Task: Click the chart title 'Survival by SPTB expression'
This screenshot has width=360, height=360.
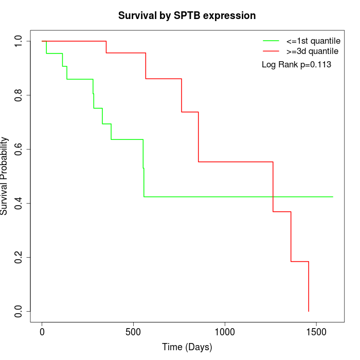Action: [x=187, y=15]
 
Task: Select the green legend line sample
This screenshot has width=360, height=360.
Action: [x=271, y=41]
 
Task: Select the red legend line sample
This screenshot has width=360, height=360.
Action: [x=271, y=51]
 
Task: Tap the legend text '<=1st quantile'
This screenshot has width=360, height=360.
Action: [x=313, y=41]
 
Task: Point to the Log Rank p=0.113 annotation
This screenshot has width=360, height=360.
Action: [x=296, y=65]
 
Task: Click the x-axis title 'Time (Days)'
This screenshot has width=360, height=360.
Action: [x=187, y=347]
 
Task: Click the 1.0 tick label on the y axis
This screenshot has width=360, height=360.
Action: [x=19, y=41]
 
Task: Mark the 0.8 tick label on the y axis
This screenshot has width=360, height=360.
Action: [x=19, y=95]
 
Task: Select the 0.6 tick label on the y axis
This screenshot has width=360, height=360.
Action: [x=19, y=149]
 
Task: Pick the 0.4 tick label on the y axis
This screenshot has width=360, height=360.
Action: [x=19, y=203]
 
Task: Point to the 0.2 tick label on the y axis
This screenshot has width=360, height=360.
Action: [x=19, y=257]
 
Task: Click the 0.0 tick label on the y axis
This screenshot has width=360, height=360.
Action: [x=19, y=311]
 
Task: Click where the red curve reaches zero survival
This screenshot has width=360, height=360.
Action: [x=309, y=311]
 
